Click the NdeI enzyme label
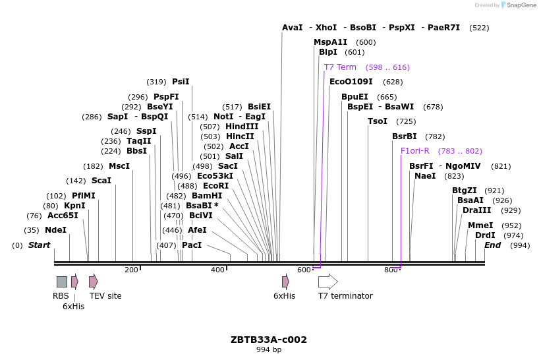[55, 230]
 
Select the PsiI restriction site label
[181, 82]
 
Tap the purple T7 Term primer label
[340, 67]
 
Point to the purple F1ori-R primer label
[415, 151]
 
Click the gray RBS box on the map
[61, 282]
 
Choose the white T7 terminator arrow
[327, 282]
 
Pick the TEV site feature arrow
[94, 282]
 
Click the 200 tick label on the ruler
[131, 270]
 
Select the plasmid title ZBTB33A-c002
[269, 340]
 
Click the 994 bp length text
[269, 350]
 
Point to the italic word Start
[39, 245]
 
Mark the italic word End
[492, 245]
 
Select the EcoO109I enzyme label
[351, 82]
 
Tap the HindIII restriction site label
[242, 127]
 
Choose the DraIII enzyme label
[476, 210]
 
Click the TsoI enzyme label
[378, 121]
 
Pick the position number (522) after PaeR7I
[479, 28]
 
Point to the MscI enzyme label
[119, 166]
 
